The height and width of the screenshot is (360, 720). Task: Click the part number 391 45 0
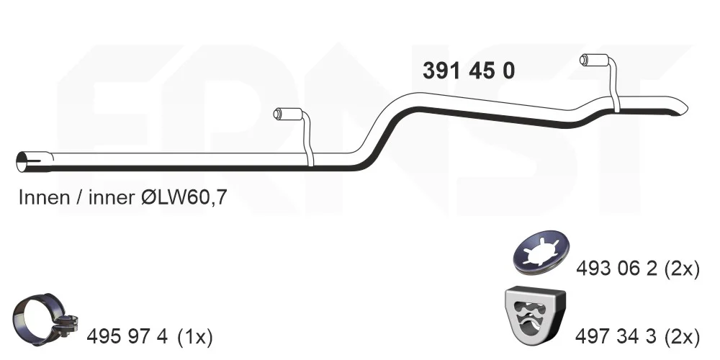pyautogui.click(x=469, y=71)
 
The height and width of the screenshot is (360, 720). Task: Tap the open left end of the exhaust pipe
pyautogui.click(x=22, y=161)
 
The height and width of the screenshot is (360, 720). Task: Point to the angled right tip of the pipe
pyautogui.click(x=683, y=107)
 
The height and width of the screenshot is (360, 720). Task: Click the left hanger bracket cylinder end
pyautogui.click(x=277, y=114)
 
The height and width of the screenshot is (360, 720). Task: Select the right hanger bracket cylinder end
pyautogui.click(x=584, y=60)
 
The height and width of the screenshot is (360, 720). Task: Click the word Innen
pyautogui.click(x=45, y=197)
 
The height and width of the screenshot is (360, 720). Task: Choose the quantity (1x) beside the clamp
pyautogui.click(x=194, y=338)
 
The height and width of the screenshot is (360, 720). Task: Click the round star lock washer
pyautogui.click(x=541, y=253)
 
